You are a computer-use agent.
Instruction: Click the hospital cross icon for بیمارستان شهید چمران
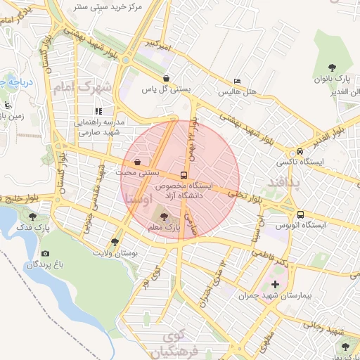[x=274, y=285]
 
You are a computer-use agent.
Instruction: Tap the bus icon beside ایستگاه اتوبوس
[x=300, y=214]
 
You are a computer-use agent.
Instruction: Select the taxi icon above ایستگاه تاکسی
[x=300, y=151]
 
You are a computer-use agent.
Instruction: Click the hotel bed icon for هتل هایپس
[x=236, y=82]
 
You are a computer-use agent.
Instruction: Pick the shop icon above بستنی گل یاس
[x=166, y=78]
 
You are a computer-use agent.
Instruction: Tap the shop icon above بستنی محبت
[x=136, y=161]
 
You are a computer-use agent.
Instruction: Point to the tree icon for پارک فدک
[x=32, y=217]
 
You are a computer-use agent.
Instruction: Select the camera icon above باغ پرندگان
[x=45, y=253]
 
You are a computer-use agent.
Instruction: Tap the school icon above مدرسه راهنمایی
[x=98, y=111]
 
